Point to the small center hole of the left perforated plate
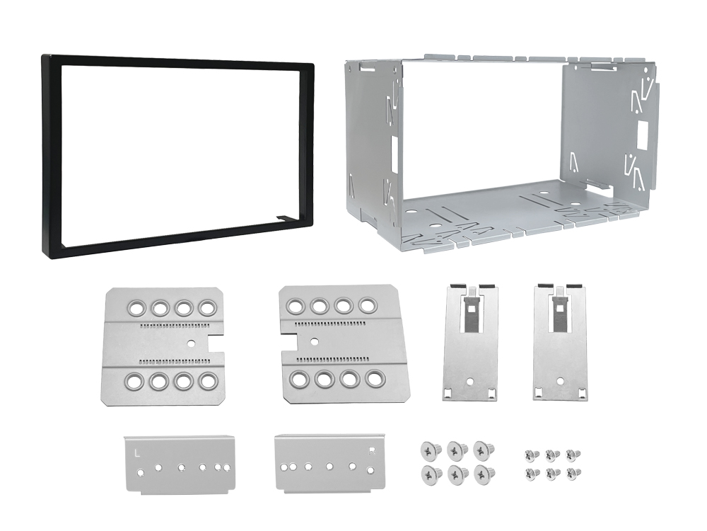(x=192, y=343)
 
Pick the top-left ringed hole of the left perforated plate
(x=134, y=309)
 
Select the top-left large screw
(x=428, y=450)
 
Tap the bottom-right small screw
(x=573, y=473)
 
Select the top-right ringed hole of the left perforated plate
(x=207, y=309)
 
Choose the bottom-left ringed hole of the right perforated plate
(x=299, y=379)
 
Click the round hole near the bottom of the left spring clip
(x=470, y=382)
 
